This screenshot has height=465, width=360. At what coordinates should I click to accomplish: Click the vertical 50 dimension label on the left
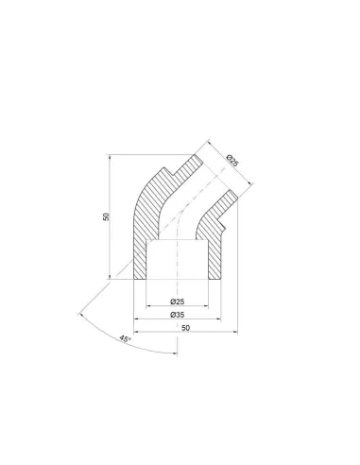point(107,216)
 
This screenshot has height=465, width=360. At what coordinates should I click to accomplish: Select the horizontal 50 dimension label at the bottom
point(186,328)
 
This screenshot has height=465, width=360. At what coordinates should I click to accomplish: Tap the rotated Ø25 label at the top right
point(232,161)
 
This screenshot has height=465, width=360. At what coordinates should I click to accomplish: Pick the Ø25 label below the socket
point(178,301)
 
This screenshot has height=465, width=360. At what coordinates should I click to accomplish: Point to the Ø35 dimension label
point(178,315)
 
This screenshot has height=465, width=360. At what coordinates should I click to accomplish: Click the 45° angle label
point(125,339)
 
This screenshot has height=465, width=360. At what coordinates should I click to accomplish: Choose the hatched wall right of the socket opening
point(214,258)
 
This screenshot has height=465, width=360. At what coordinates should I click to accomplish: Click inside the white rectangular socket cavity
point(178,259)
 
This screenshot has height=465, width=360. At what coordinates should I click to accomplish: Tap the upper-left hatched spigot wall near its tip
point(188,167)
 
